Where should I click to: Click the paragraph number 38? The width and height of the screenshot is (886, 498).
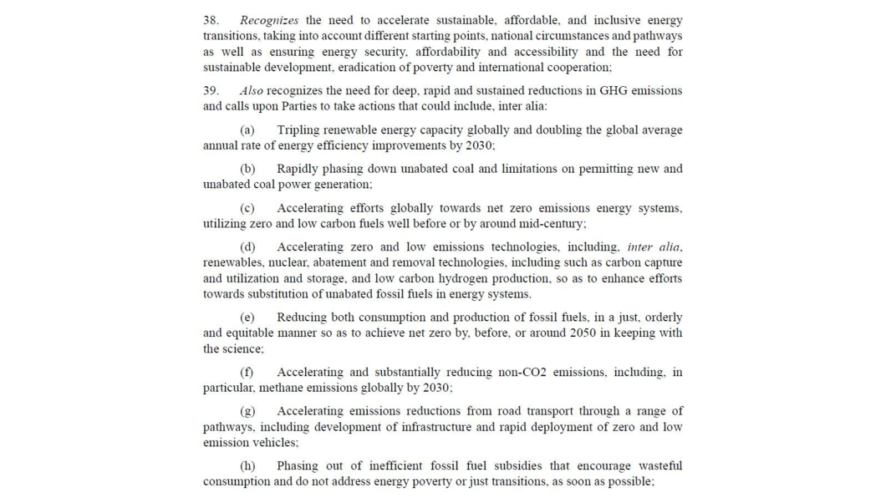211,20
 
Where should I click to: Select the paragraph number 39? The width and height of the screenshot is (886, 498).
211,90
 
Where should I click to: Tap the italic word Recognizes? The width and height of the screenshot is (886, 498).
268,20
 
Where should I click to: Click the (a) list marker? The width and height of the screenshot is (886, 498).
247,130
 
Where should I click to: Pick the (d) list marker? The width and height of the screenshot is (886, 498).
247,247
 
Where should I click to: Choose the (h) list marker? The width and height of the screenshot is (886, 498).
247,466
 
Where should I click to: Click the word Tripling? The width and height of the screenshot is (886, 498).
298,130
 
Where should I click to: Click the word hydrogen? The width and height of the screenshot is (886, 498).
453,278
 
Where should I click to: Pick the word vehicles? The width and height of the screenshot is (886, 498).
274,443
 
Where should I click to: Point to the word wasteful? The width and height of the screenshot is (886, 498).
660,466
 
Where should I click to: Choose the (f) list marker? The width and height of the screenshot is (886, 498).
247,373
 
